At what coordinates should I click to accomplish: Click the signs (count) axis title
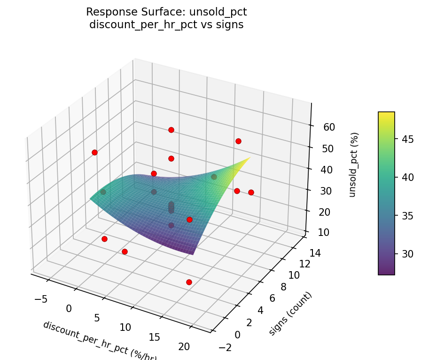[x=290, y=313]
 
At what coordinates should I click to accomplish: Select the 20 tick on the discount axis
[x=184, y=347]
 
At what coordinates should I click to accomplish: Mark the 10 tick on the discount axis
[x=125, y=328]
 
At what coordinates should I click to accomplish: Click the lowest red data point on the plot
[x=189, y=282]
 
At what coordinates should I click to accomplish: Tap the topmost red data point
[x=171, y=130]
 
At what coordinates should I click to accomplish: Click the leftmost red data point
[x=94, y=152]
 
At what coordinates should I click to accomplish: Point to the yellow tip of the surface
[x=248, y=158]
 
